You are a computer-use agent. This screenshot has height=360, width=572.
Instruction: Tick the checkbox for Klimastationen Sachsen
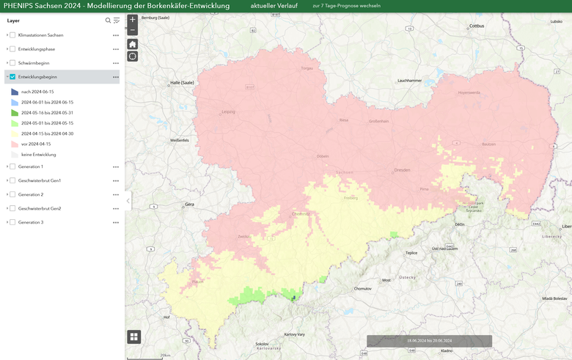pyautogui.click(x=12, y=35)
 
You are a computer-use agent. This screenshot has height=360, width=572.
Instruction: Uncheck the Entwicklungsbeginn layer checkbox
pyautogui.click(x=12, y=77)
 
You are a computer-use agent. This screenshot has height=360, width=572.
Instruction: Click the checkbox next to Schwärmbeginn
pyautogui.click(x=12, y=63)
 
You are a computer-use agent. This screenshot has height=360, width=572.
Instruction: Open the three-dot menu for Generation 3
pyautogui.click(x=115, y=222)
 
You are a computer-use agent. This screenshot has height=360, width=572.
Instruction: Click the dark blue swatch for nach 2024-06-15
pyautogui.click(x=15, y=92)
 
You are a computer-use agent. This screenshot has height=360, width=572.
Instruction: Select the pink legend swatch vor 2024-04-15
pyautogui.click(x=15, y=144)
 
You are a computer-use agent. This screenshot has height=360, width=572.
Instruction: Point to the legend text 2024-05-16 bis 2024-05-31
pyautogui.click(x=47, y=113)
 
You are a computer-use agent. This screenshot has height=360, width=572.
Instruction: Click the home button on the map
pyautogui.click(x=132, y=44)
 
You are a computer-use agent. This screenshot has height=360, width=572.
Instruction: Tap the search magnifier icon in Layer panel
pyautogui.click(x=109, y=21)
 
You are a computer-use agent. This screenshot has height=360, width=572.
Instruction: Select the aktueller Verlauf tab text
pyautogui.click(x=273, y=6)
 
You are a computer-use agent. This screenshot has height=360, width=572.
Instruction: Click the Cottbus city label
pyautogui.click(x=477, y=26)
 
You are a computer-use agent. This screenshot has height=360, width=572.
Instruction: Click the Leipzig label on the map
pyautogui.click(x=228, y=112)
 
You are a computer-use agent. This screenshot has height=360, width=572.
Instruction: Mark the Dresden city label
pyautogui.click(x=402, y=170)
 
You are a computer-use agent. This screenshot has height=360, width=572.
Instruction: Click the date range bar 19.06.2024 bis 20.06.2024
pyautogui.click(x=429, y=341)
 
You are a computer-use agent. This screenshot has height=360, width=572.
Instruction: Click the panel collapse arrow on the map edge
pyautogui.click(x=128, y=201)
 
